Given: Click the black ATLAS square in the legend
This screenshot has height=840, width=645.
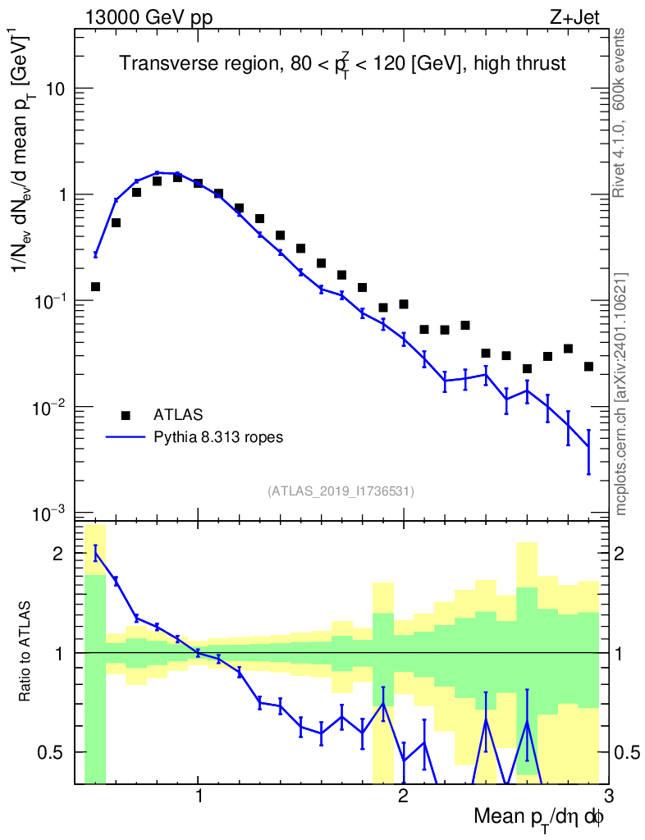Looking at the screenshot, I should tap(126, 416).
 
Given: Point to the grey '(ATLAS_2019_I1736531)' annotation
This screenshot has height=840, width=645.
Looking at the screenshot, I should tap(341, 491).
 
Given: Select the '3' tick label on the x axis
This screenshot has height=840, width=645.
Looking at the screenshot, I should tap(607, 796).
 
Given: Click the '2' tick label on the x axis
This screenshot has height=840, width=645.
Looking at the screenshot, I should tap(403, 796).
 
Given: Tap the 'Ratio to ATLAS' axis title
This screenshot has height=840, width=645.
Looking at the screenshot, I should tap(26, 652).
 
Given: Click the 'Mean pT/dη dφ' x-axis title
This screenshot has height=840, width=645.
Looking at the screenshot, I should tap(539, 817).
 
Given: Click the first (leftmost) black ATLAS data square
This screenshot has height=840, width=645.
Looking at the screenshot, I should tap(95, 286).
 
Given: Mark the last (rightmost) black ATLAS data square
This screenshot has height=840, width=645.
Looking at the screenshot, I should tap(588, 367).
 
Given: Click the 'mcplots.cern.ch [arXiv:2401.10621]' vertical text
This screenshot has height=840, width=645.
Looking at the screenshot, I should tap(621, 394).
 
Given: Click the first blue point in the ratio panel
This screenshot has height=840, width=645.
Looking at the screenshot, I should tap(95, 554).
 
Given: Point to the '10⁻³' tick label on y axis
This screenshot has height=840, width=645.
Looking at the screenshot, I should tap(51, 514).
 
